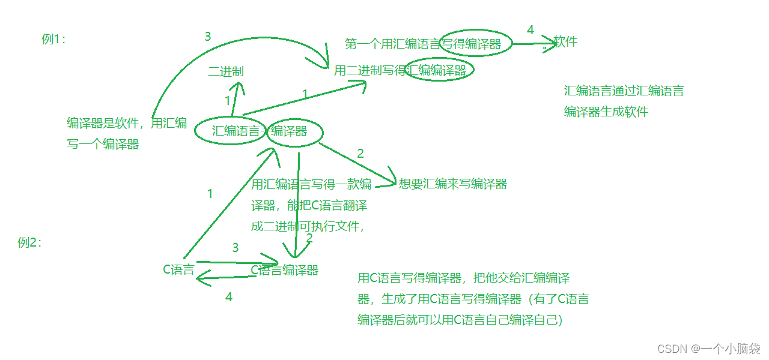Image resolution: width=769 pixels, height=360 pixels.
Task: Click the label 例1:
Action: pyautogui.click(x=53, y=40)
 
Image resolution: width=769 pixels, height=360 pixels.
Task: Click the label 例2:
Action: pyautogui.click(x=29, y=242)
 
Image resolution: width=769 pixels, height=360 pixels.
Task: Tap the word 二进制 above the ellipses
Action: pyautogui.click(x=226, y=71)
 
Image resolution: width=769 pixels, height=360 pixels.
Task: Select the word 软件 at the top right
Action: pyautogui.click(x=565, y=41)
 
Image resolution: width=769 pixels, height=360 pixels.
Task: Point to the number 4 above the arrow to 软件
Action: pyautogui.click(x=530, y=30)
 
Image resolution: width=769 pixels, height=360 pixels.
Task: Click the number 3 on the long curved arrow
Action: pyautogui.click(x=208, y=37)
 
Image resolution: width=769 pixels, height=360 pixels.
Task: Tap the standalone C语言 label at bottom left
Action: pyautogui.click(x=178, y=269)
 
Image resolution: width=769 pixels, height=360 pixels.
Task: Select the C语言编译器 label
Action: pyautogui.click(x=284, y=270)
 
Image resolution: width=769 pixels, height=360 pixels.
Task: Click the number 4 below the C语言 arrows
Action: pyautogui.click(x=228, y=296)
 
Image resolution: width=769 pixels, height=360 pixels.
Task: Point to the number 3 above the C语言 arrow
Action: pyautogui.click(x=235, y=247)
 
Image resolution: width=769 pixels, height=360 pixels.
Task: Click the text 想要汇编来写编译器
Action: pyautogui.click(x=453, y=184)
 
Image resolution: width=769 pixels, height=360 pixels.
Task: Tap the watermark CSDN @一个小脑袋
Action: pyautogui.click(x=709, y=349)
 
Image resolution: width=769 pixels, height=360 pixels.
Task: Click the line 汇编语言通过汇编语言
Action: pyautogui.click(x=624, y=91)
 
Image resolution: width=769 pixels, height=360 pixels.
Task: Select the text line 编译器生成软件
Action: pyautogui.click(x=606, y=112)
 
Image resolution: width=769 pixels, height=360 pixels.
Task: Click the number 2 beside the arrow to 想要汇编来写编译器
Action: pyautogui.click(x=360, y=153)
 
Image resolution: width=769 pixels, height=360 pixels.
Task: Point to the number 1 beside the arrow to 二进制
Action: pyautogui.click(x=227, y=101)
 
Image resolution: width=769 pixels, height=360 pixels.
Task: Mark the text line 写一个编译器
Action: pyautogui.click(x=103, y=144)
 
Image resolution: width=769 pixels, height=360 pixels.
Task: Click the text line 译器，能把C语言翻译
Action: pyautogui.click(x=309, y=205)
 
